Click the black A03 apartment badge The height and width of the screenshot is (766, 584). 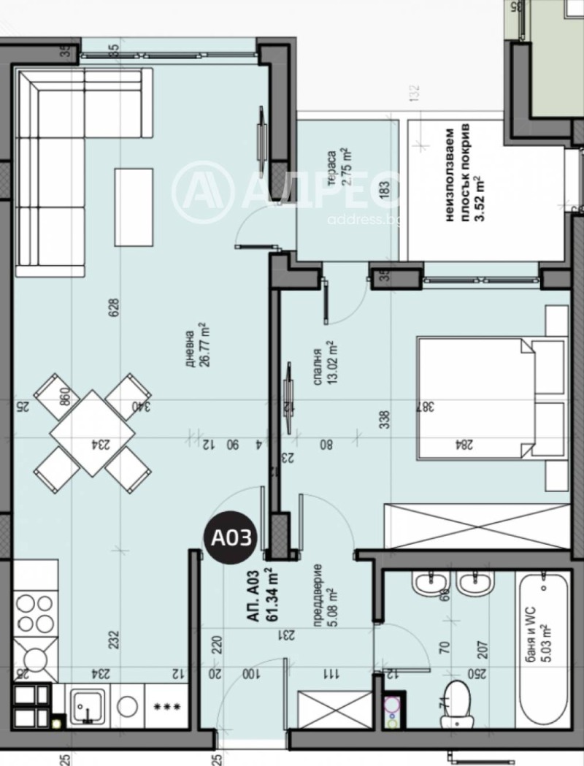pyautogui.click(x=231, y=539)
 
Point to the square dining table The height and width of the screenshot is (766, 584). pyautogui.click(x=92, y=432)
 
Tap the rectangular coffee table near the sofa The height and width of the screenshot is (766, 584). pyautogui.click(x=134, y=207)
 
